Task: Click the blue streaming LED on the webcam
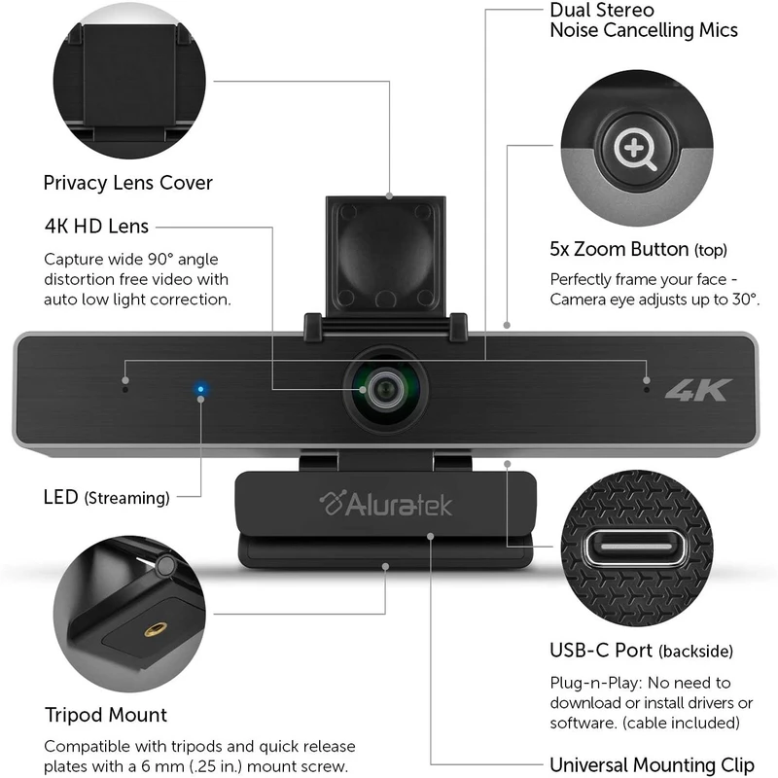click(x=200, y=389)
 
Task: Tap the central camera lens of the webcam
click(x=385, y=390)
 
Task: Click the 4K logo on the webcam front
click(x=698, y=390)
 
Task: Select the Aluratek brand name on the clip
click(x=386, y=504)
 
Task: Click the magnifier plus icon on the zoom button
click(x=635, y=149)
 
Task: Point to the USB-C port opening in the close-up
click(x=637, y=548)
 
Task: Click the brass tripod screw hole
click(x=156, y=630)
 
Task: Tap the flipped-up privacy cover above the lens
click(x=385, y=256)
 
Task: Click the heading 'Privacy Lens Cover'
click(x=128, y=183)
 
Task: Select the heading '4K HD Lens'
click(x=96, y=227)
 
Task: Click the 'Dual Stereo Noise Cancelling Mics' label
click(x=644, y=20)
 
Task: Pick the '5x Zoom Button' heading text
click(x=619, y=249)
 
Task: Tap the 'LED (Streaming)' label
click(x=107, y=497)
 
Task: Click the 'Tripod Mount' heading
click(x=106, y=715)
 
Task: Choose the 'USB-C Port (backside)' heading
click(x=641, y=651)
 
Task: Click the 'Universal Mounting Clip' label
click(x=652, y=764)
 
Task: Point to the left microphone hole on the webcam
click(x=125, y=390)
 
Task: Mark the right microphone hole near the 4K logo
click(x=646, y=390)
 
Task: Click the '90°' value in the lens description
click(x=160, y=260)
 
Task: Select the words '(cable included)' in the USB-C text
click(x=681, y=723)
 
